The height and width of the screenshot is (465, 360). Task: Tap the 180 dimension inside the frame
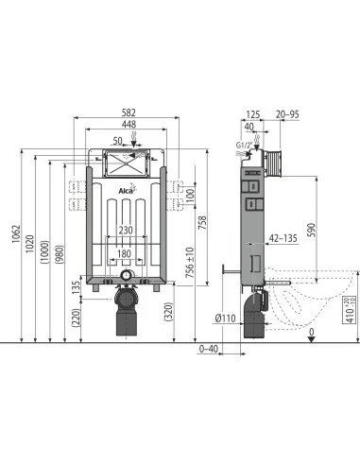[x=126, y=254]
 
